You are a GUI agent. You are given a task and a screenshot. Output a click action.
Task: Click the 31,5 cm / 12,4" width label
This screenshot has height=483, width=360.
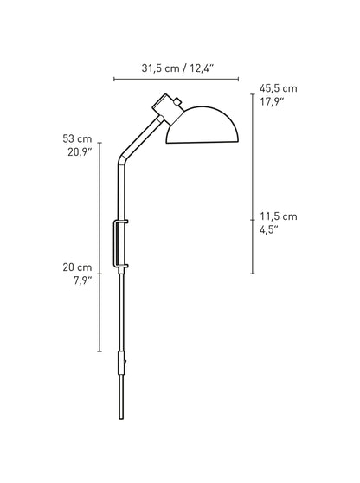tap(177, 68)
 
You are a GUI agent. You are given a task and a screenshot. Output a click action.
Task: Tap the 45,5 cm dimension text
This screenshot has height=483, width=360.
tap(279, 88)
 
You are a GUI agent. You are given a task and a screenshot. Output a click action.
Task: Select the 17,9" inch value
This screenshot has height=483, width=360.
tap(272, 101)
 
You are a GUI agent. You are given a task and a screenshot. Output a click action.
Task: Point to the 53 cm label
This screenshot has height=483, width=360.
tap(77, 138)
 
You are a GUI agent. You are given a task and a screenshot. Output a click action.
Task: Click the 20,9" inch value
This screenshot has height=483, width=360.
tap(80, 151)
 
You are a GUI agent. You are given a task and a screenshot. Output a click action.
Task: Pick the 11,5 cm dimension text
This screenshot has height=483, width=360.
tap(279, 216)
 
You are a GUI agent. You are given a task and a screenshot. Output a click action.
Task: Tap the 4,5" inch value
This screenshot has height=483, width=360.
tap(269, 229)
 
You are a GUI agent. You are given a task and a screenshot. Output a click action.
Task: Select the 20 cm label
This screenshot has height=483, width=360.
tap(77, 267)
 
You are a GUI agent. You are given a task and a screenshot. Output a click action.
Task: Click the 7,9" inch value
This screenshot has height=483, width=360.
tap(82, 280)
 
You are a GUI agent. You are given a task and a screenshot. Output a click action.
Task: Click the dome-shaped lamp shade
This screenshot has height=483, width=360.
tap(202, 125)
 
